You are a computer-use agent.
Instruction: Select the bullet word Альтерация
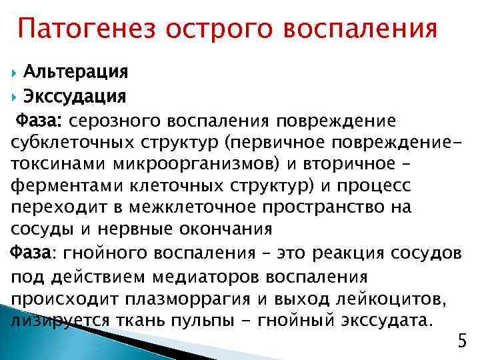pos(75,71)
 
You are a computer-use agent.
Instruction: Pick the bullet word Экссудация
pos(74,97)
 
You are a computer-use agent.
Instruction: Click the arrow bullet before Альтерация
pos(15,71)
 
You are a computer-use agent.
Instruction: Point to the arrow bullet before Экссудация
pos(15,97)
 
